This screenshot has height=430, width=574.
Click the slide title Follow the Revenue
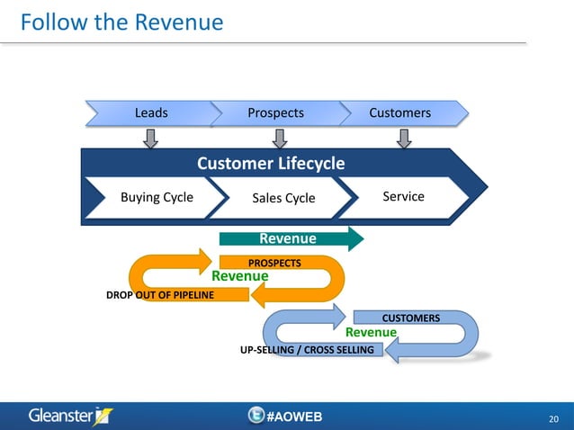121,22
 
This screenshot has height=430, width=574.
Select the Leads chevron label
151,113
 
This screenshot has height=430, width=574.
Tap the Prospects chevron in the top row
275,113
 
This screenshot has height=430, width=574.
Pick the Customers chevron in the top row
399,113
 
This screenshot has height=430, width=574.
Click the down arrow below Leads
151,138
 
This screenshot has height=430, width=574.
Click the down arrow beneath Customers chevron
404,138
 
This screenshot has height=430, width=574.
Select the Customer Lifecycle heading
271,164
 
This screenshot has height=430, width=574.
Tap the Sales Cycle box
284,198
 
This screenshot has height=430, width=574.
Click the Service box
403,196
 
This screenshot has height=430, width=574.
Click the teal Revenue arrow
290,238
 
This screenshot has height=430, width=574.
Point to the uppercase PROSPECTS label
274,263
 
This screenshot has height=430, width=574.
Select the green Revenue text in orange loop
239,276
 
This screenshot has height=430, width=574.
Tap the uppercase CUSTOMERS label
410,318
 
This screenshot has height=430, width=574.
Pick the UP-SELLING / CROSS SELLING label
307,349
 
